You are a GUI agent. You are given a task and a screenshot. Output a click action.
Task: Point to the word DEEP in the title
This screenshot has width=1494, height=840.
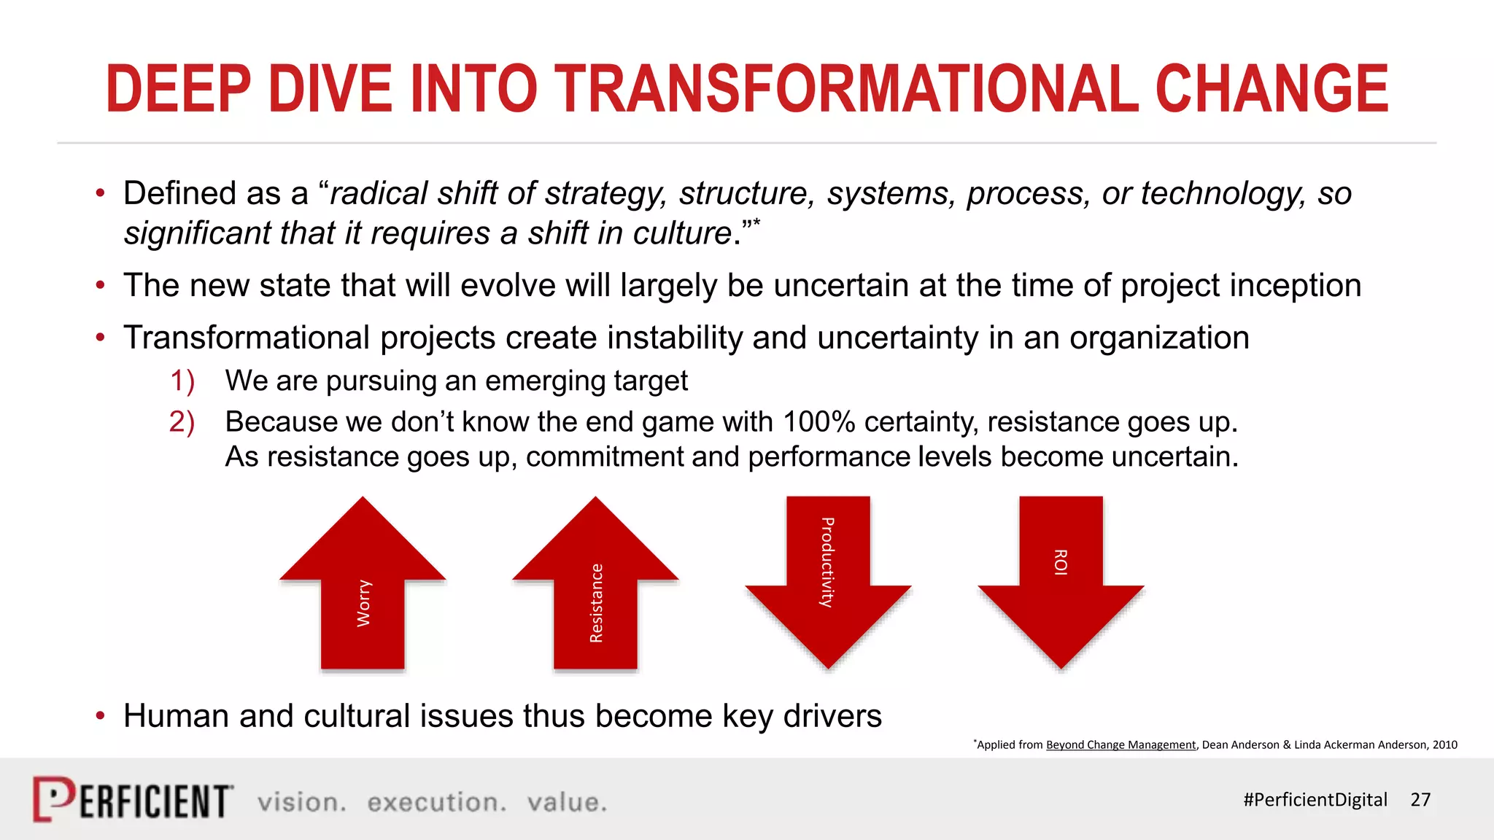click(x=178, y=89)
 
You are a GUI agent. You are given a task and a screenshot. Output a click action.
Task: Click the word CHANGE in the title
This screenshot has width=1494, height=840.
click(x=1272, y=89)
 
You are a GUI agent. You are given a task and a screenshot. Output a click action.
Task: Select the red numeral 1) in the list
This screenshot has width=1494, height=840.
click(x=182, y=381)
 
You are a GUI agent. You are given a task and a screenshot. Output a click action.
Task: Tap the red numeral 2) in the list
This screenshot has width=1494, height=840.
click(x=182, y=421)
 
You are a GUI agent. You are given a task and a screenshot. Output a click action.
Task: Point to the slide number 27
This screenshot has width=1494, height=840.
click(x=1420, y=800)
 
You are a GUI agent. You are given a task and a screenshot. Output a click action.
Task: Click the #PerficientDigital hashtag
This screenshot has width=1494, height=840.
click(x=1315, y=800)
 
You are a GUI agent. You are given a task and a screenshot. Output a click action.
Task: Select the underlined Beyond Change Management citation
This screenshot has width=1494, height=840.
click(x=1120, y=744)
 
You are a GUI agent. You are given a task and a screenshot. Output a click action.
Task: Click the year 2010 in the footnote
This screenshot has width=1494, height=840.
click(x=1444, y=744)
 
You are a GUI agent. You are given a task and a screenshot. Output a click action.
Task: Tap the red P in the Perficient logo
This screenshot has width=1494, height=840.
click(x=53, y=799)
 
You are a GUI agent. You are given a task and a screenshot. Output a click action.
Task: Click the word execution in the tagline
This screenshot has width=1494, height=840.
click(x=436, y=802)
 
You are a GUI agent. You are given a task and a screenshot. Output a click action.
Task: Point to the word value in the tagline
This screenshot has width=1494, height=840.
click(x=566, y=802)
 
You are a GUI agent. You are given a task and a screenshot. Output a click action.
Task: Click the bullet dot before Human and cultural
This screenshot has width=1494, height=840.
click(x=101, y=716)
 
